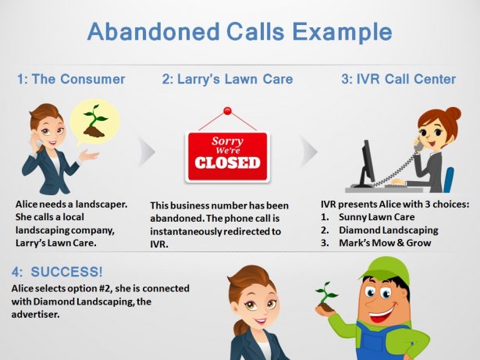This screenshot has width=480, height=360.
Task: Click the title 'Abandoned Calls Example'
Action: pyautogui.click(x=240, y=32)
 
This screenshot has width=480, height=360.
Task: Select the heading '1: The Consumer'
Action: pyautogui.click(x=71, y=79)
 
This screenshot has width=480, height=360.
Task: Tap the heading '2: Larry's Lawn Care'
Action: pyautogui.click(x=227, y=79)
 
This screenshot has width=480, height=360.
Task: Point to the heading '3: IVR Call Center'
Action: pyautogui.click(x=399, y=79)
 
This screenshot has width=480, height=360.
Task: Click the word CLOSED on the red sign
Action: pyautogui.click(x=227, y=162)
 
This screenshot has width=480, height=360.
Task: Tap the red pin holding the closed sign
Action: pyautogui.click(x=227, y=111)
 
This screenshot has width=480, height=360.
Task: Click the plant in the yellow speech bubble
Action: pyautogui.click(x=95, y=121)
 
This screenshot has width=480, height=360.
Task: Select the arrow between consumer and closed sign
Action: pyautogui.click(x=147, y=151)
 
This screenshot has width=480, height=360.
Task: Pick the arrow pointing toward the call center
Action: pyautogui.click(x=309, y=151)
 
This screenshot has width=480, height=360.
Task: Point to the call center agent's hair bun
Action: pyautogui.click(x=453, y=114)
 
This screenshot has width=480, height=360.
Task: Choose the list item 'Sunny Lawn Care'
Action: pyautogui.click(x=376, y=217)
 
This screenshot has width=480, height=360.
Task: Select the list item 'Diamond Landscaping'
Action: pyautogui.click(x=389, y=230)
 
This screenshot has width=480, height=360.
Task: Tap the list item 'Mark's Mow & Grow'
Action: pyautogui.click(x=385, y=243)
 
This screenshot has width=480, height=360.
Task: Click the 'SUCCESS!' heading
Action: pyautogui.click(x=67, y=272)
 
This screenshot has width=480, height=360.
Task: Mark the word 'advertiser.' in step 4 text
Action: pyautogui.click(x=35, y=315)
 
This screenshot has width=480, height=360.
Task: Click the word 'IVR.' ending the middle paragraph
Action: pyautogui.click(x=159, y=244)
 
